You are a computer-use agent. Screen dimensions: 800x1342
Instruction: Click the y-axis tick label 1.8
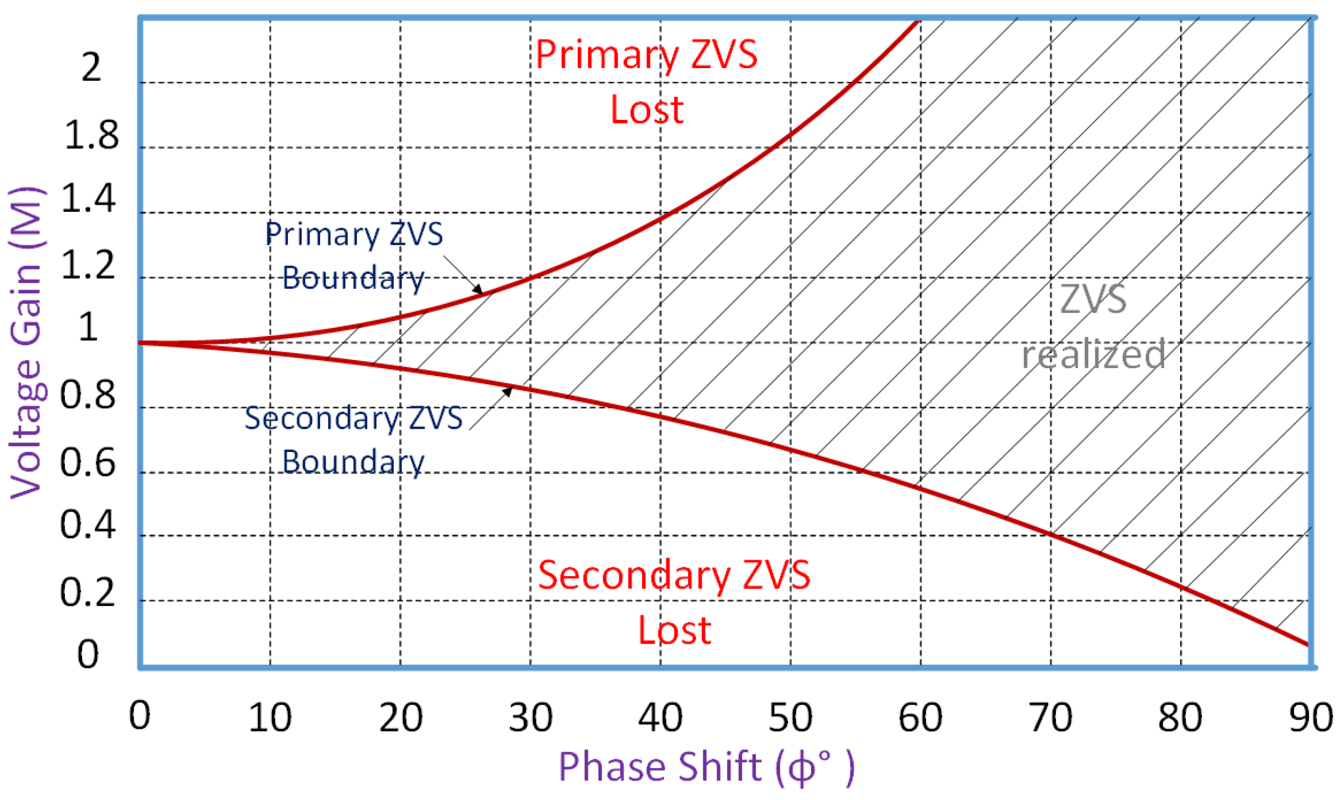tap(91, 135)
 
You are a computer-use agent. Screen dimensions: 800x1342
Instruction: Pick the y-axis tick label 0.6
tap(87, 463)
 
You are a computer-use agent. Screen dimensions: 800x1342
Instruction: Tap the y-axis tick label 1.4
tap(88, 198)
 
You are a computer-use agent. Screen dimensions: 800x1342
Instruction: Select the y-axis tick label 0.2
tap(87, 592)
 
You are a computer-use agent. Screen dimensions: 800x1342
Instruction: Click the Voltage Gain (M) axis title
tap(26, 342)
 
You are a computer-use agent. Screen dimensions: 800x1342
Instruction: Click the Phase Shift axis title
tap(706, 766)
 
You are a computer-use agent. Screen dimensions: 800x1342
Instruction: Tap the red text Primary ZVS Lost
tap(646, 81)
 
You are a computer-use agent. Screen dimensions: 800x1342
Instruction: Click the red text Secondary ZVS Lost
tap(674, 602)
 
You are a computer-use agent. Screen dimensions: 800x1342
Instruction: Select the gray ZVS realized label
tap(1093, 326)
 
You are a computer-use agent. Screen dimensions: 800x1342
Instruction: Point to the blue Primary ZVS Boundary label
tap(354, 256)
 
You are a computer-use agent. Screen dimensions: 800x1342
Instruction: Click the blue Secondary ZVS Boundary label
tap(354, 439)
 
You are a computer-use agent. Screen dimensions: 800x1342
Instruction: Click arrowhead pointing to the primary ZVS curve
tap(479, 290)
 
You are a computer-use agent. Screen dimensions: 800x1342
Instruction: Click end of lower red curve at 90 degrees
tap(1307, 644)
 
